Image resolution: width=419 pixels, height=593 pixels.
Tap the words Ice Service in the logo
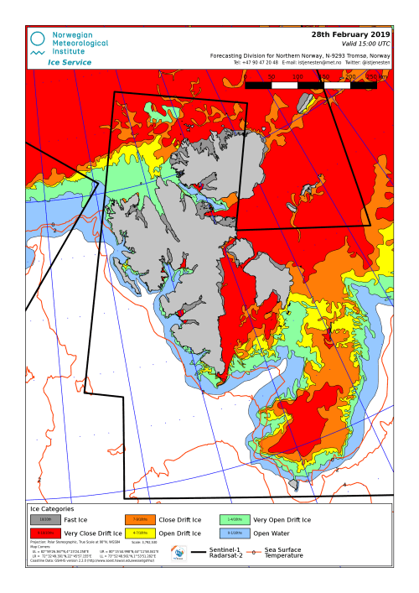point(70,62)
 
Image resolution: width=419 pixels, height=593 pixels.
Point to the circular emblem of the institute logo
point(39,38)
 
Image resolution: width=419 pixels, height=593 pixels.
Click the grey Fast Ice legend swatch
point(45,520)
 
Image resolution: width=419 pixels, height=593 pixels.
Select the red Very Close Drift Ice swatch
point(45,533)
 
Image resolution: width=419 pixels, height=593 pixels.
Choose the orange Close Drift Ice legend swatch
point(140,520)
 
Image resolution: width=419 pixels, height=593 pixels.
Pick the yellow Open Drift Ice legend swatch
point(140,533)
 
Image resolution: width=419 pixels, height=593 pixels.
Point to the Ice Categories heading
point(52,508)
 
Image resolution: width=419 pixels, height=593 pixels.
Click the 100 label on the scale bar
point(297,76)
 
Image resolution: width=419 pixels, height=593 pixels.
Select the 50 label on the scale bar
point(272,76)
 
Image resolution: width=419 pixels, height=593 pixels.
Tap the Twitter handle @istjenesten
point(374,63)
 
